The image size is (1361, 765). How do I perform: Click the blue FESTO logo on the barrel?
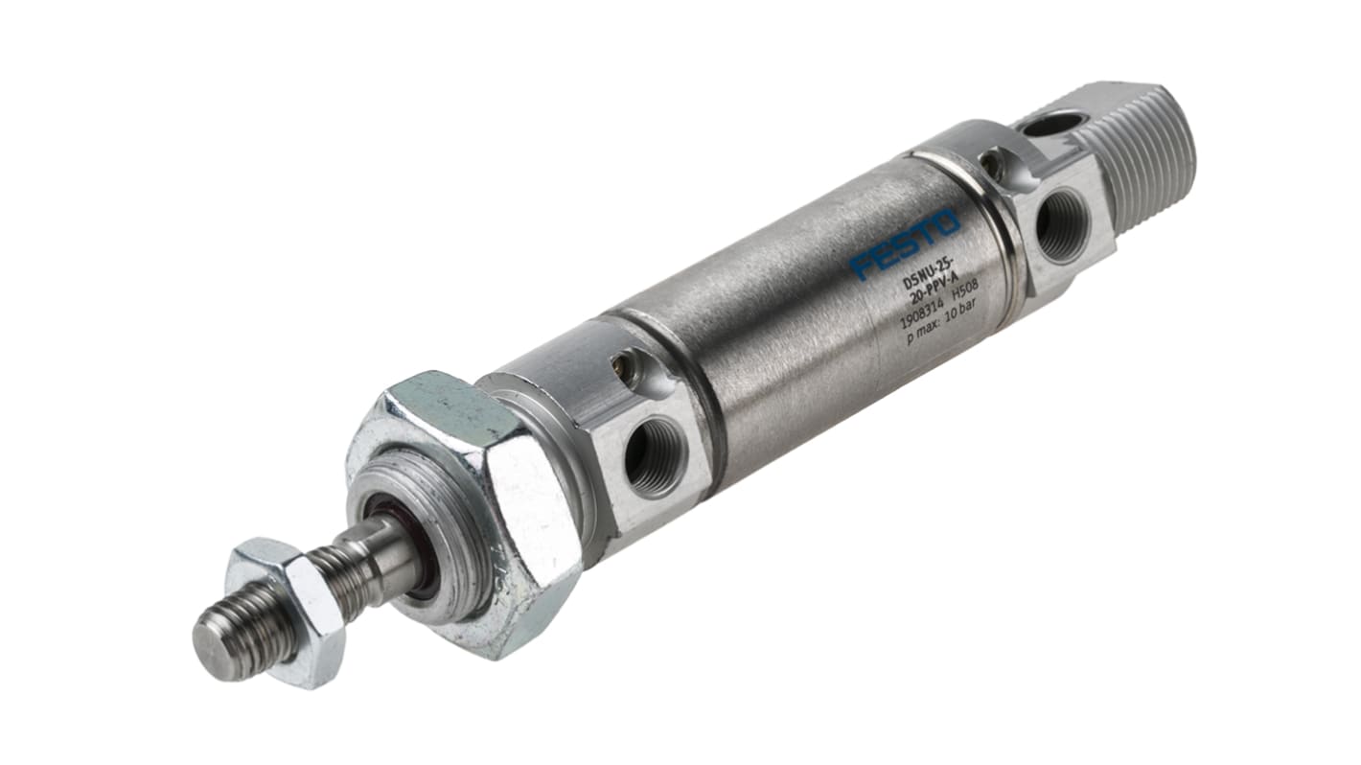[x=904, y=245]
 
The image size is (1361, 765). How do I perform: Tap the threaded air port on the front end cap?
[x=655, y=457]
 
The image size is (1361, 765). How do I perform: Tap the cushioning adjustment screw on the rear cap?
[x=993, y=166]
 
